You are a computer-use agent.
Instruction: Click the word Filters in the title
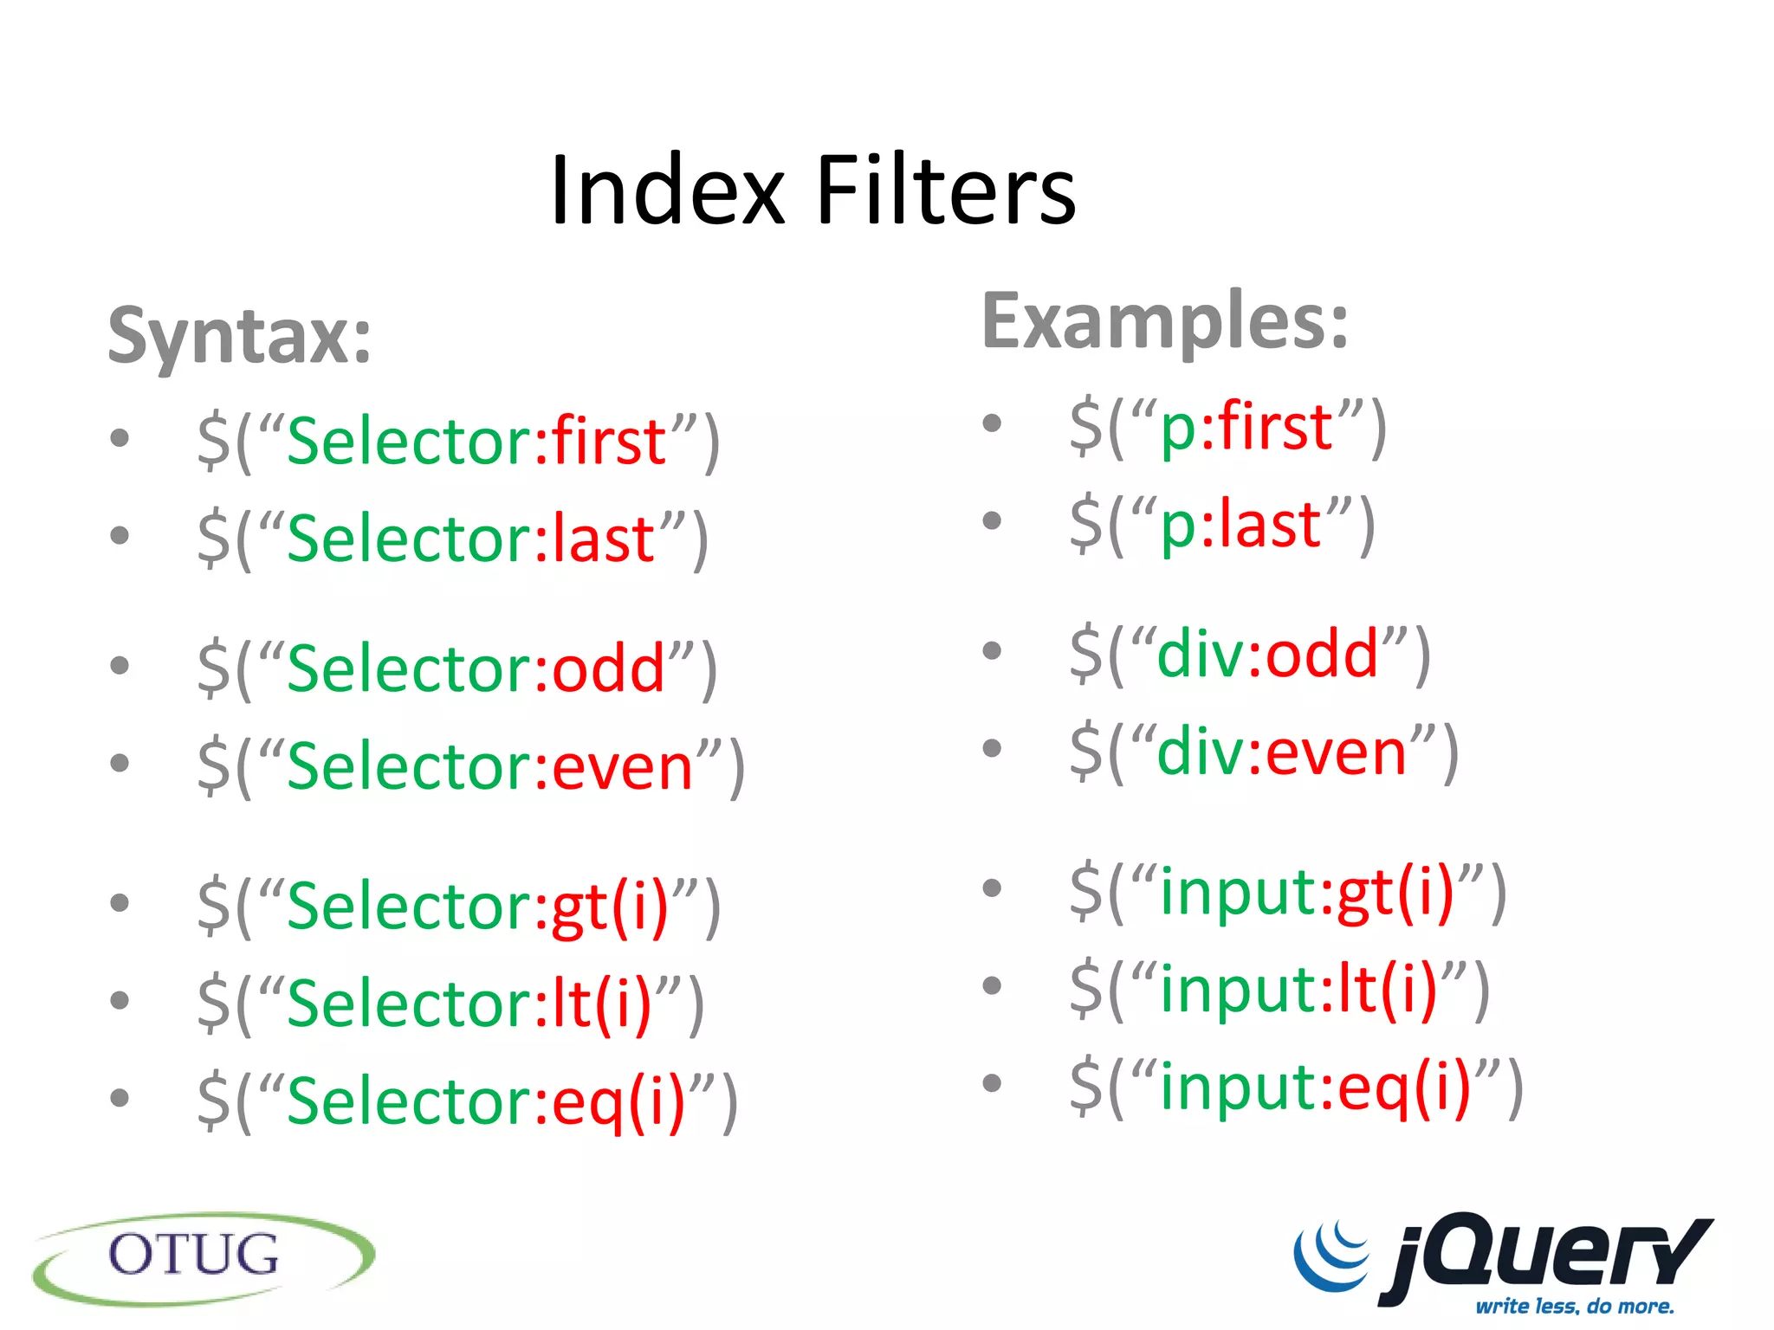(x=946, y=190)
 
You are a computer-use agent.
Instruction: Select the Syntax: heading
(x=239, y=336)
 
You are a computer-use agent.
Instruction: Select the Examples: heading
(x=1165, y=321)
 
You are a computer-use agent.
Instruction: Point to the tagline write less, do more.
(x=1575, y=1306)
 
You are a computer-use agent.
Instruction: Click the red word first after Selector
(x=609, y=441)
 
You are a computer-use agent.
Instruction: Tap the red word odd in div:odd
(x=1322, y=654)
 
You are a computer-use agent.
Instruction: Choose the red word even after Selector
(x=623, y=767)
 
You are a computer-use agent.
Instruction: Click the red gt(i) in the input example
(x=1395, y=892)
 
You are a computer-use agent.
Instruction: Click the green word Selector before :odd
(x=408, y=669)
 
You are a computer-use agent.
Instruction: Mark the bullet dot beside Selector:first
(x=120, y=438)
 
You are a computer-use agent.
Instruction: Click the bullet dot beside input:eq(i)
(x=992, y=1082)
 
